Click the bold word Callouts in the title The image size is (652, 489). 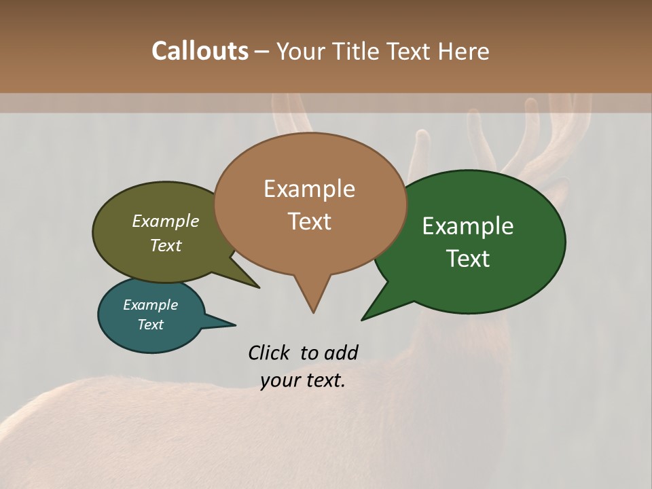coord(200,51)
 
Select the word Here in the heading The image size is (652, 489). coord(463,51)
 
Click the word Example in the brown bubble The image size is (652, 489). coord(309,188)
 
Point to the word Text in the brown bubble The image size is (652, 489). coord(309,221)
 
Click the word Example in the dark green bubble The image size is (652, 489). coord(468,226)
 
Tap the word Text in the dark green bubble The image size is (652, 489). coord(468,258)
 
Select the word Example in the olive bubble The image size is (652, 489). coord(166,221)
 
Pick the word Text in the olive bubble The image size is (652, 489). coord(166,245)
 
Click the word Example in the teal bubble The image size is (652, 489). coord(150,305)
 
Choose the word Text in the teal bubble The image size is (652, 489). coord(150,324)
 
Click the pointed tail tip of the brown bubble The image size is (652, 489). coord(313,312)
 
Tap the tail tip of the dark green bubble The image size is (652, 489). coord(362,319)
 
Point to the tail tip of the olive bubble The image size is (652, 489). coord(259,287)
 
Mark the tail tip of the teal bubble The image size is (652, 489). coord(235,324)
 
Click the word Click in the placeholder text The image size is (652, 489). coord(270,352)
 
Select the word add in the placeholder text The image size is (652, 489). coord(341,352)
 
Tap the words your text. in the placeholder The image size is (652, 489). coord(303,380)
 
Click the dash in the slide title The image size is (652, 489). coord(263,51)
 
